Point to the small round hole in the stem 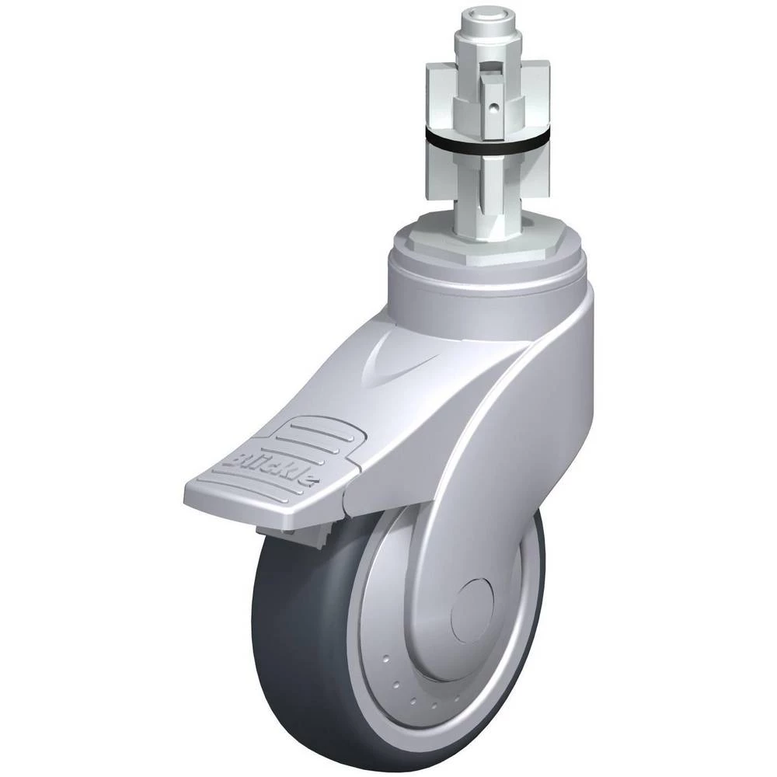[x=493, y=106]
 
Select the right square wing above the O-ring [x=537, y=99]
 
